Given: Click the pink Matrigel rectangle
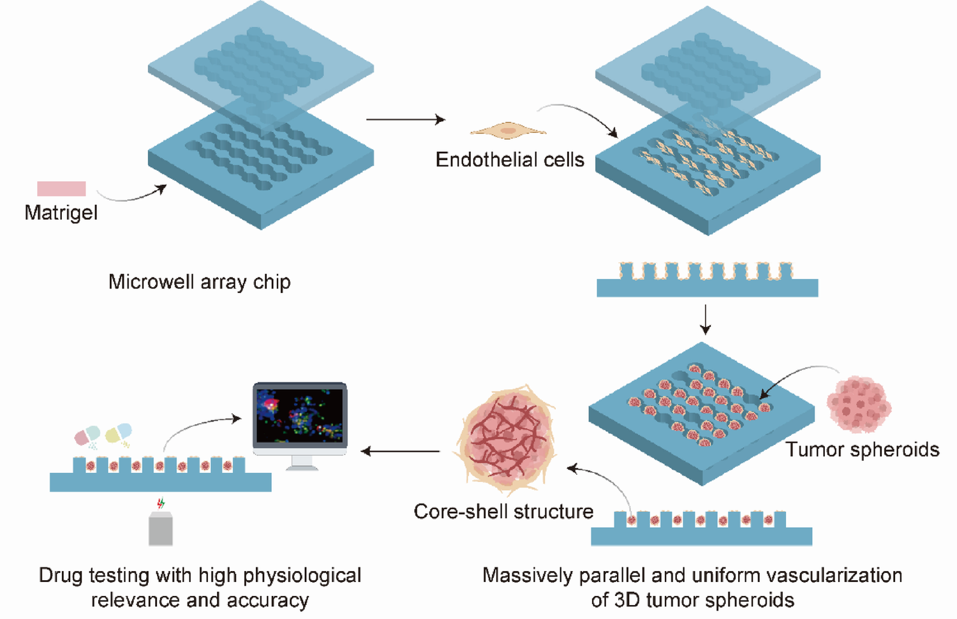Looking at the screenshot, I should [x=61, y=188].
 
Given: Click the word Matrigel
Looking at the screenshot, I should [x=61, y=213].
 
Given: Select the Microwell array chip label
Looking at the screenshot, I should [x=199, y=281].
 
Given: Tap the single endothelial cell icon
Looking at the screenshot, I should [x=508, y=131].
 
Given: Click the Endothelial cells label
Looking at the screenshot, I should [x=509, y=160].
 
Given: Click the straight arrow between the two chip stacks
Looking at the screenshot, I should [x=405, y=119].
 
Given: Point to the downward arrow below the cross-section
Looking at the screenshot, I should [x=705, y=319].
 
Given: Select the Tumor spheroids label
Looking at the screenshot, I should [x=862, y=450].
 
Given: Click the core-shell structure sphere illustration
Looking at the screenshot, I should [x=505, y=439].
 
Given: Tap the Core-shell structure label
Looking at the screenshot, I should [x=503, y=512].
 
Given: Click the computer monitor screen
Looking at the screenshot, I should [x=300, y=415].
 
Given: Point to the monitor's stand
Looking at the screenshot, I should [x=301, y=463].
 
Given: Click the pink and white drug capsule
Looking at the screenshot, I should [x=87, y=436].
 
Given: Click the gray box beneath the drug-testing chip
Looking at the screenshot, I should [x=160, y=529].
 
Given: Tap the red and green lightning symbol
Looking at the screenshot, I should [x=161, y=503].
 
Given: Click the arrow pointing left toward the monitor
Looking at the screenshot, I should [x=400, y=451].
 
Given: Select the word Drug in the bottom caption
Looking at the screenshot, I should [x=61, y=576].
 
